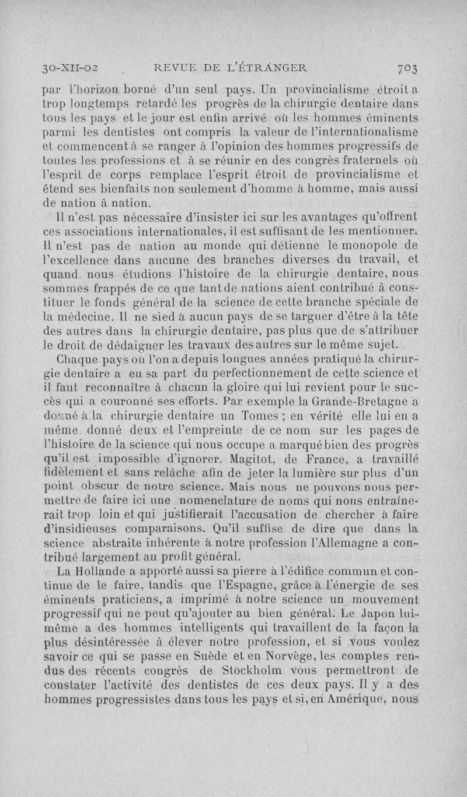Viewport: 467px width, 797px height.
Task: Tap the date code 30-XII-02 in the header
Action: [x=69, y=68]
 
